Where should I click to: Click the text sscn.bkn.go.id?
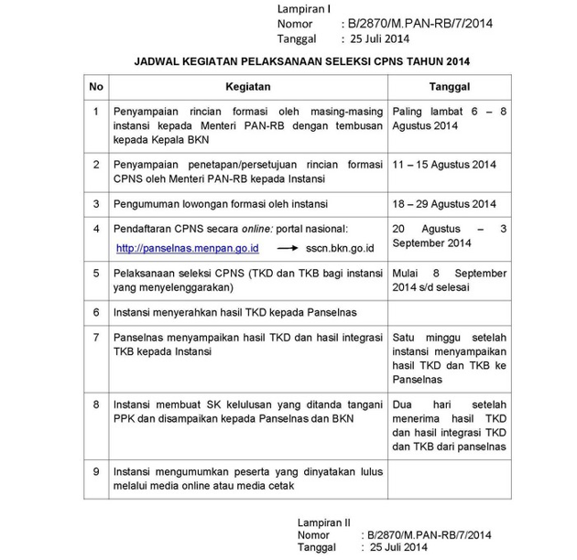351,248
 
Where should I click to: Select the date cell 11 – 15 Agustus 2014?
443,165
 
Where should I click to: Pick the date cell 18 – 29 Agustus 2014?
443,203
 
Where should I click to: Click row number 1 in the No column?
96,112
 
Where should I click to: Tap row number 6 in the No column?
96,312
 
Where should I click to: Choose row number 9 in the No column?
96,471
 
